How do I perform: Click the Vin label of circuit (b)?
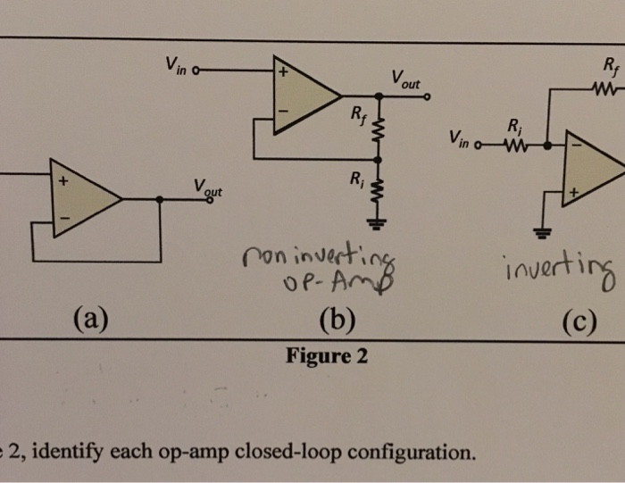172,67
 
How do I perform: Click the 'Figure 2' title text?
326,357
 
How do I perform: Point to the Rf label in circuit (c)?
608,66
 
